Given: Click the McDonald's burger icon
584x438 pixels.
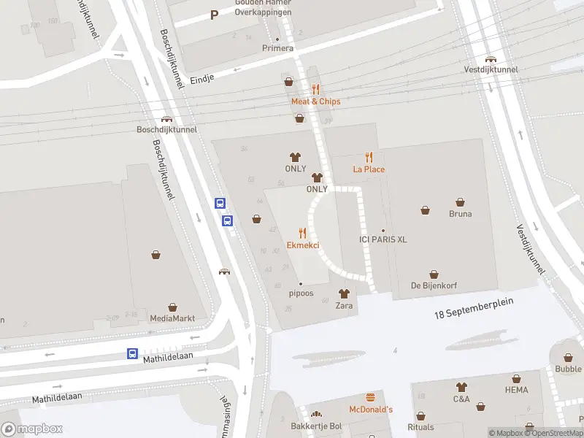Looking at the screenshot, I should [371, 398].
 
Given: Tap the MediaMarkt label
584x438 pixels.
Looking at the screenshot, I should [172, 318].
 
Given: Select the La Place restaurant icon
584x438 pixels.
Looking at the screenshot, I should [369, 157].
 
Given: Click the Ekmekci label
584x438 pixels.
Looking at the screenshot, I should [302, 245].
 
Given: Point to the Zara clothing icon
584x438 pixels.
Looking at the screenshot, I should [344, 293].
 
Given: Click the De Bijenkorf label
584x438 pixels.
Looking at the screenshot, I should [434, 285].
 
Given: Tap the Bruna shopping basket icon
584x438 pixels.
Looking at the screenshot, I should [461, 202].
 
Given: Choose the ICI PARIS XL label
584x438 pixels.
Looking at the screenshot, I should [383, 239].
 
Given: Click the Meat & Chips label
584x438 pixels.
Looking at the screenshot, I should [315, 101].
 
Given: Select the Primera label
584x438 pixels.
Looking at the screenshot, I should [277, 48].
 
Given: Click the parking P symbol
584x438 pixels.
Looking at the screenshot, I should [214, 15].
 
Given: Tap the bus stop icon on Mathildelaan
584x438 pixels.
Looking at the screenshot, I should [132, 354].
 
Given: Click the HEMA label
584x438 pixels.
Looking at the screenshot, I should [516, 391].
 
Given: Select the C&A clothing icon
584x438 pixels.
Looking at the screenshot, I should [461, 387].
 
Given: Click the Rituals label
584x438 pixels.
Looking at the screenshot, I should [420, 427].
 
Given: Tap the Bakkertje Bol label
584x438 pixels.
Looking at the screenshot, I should [315, 426].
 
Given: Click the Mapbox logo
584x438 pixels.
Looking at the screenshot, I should [33, 429].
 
